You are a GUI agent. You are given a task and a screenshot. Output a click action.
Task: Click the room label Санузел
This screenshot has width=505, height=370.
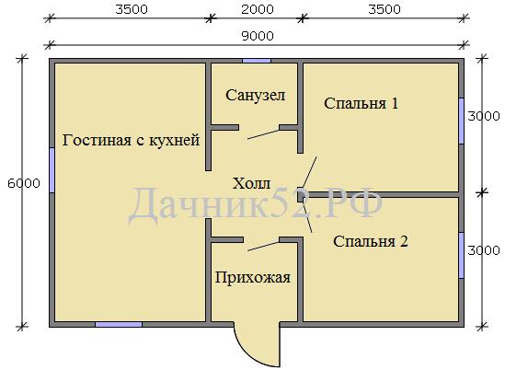pyautogui.click(x=256, y=96)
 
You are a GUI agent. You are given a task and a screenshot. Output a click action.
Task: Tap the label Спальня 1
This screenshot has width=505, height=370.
pyautogui.click(x=361, y=103)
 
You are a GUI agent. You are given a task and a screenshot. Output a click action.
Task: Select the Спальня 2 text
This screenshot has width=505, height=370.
pyautogui.click(x=371, y=241)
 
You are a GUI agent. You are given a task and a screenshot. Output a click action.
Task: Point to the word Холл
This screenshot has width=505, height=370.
pyautogui.click(x=251, y=184)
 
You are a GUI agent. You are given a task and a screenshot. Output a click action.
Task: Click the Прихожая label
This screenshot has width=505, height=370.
pyautogui.click(x=253, y=278)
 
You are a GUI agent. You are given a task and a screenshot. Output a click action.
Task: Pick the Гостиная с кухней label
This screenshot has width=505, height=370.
pyautogui.click(x=131, y=141)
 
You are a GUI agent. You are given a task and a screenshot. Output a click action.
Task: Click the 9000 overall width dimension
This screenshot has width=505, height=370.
pyautogui.click(x=258, y=36)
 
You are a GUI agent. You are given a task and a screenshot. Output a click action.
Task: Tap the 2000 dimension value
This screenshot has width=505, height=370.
pyautogui.click(x=258, y=9)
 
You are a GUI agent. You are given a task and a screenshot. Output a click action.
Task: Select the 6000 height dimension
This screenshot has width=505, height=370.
pyautogui.click(x=24, y=183)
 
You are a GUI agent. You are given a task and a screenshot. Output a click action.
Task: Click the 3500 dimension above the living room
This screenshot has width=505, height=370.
pyautogui.click(x=132, y=9)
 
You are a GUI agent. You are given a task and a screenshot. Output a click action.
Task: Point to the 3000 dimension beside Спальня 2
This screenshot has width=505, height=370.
pyautogui.click(x=484, y=250)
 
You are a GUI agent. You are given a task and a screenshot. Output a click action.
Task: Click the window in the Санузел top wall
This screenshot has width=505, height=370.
pyautogui.click(x=257, y=61)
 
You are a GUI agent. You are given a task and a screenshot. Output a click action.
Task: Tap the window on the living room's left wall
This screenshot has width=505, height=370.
pyautogui.click(x=52, y=170)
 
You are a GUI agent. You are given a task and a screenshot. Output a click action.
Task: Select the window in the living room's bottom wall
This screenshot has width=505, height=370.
pyautogui.click(x=119, y=324)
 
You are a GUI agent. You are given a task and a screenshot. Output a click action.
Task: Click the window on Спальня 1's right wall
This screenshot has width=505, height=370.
pyautogui.click(x=462, y=121)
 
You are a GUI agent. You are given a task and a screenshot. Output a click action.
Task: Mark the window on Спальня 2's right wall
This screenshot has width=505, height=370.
pyautogui.click(x=462, y=255)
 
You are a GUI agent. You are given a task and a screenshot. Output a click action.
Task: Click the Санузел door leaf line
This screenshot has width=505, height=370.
pyautogui.click(x=263, y=134)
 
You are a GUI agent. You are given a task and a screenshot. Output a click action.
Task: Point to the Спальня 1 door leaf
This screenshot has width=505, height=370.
pyautogui.click(x=309, y=172)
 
